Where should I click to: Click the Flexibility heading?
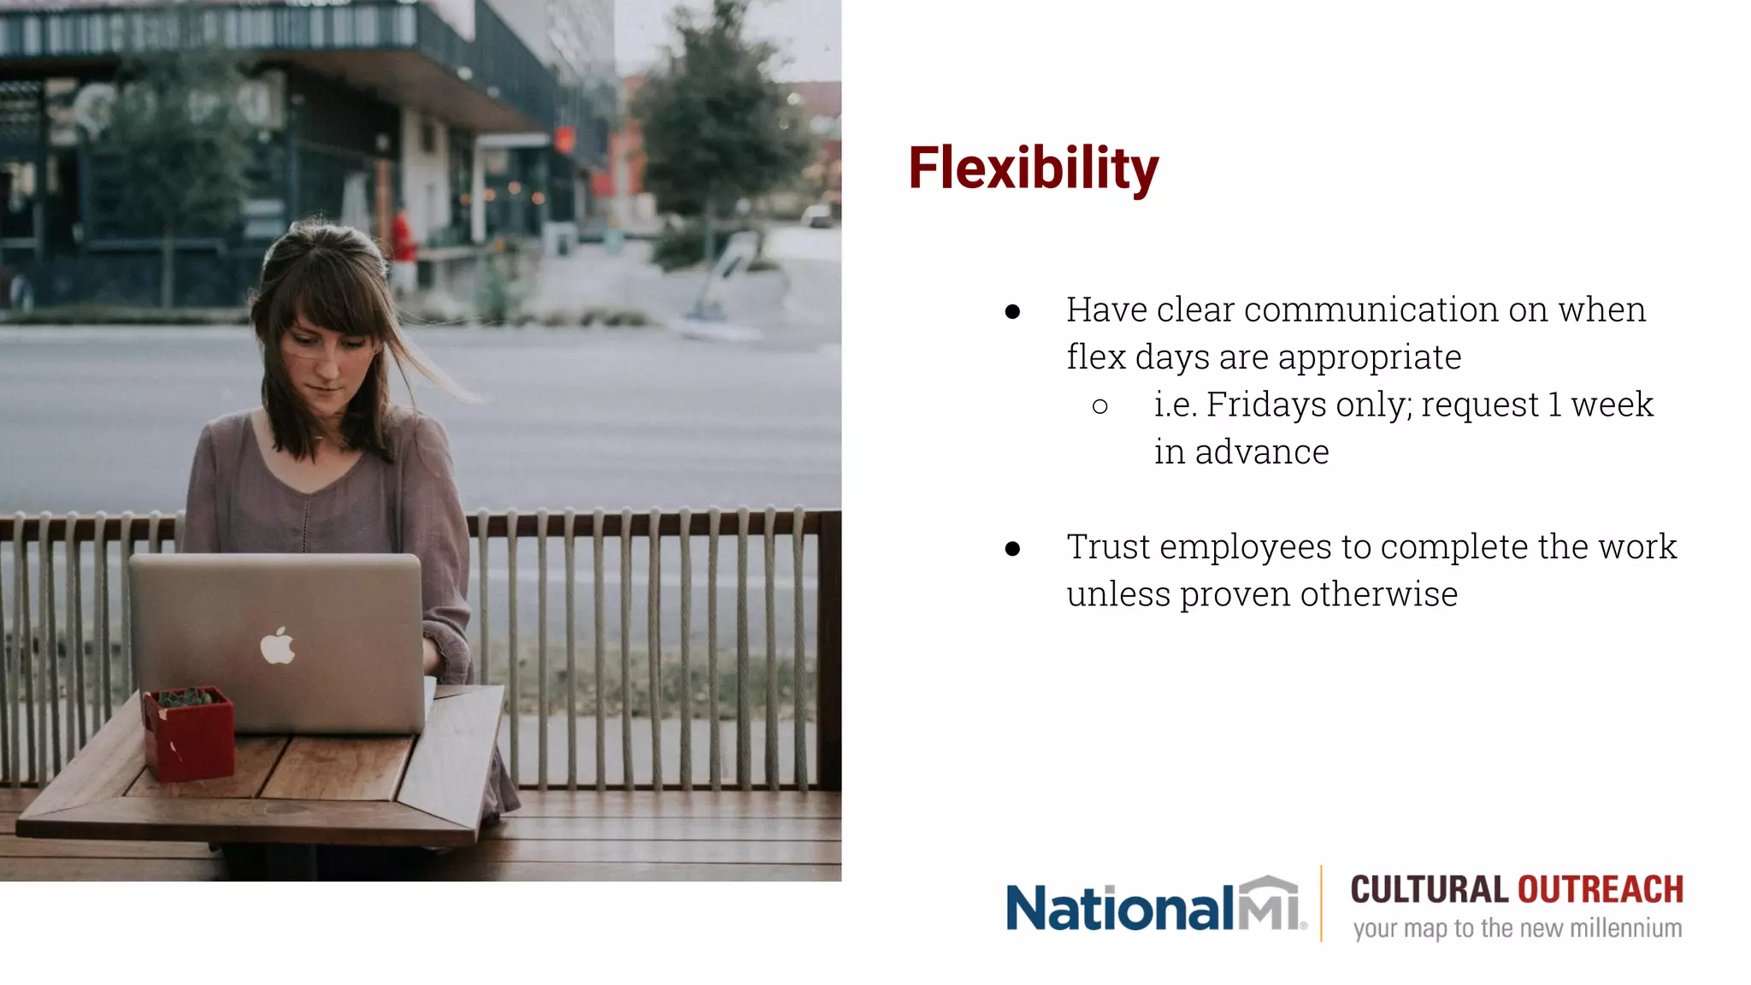coord(1033,168)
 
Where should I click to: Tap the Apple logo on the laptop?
coord(277,646)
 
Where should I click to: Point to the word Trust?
coord(1108,547)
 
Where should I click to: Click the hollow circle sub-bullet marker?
coord(1100,407)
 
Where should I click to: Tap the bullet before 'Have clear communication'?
coord(1013,312)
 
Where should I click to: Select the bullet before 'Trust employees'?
coord(1013,549)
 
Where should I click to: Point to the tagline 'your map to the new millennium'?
coord(1517,929)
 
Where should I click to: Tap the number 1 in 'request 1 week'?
coord(1554,404)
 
